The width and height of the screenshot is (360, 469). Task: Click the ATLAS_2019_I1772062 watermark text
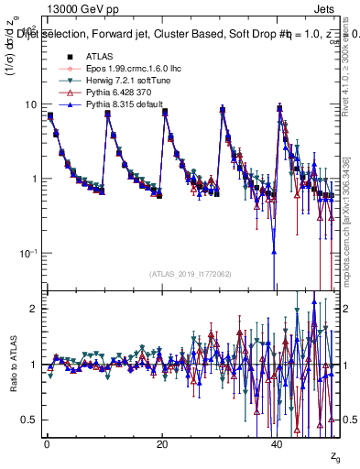190,273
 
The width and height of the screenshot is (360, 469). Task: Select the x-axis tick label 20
162,443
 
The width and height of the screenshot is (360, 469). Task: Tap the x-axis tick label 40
278,443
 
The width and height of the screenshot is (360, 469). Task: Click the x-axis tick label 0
47,443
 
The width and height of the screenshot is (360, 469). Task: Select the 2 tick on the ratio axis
30,309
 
